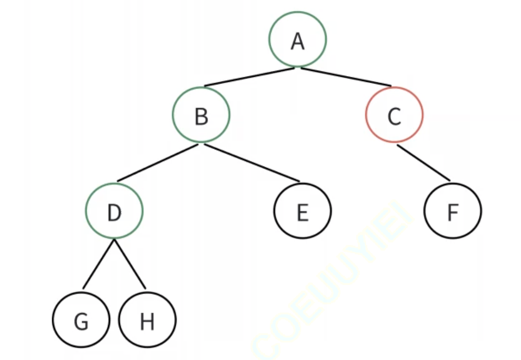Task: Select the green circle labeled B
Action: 201,114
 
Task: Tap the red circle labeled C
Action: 394,114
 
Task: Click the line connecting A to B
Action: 249,77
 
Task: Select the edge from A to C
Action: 345,77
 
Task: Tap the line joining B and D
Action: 157,162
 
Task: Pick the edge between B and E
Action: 252,162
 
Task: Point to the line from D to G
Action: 99,264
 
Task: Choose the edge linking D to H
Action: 130,264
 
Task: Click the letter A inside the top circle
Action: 297,41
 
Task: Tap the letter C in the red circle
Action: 394,116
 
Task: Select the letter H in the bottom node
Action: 147,322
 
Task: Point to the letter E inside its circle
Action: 302,213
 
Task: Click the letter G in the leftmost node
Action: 81,322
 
